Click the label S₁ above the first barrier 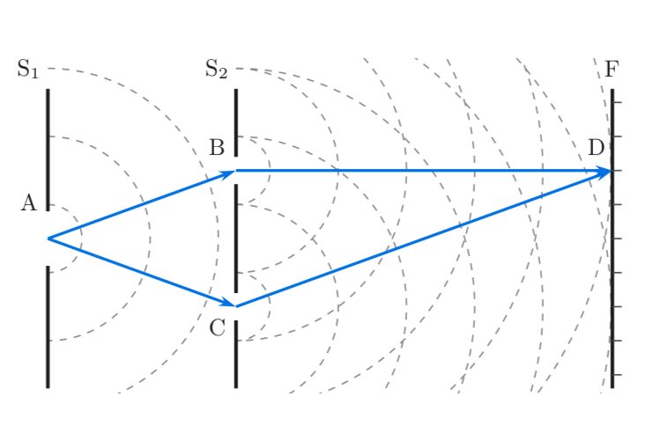click(28, 69)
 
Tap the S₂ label click(217, 69)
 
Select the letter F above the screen click(612, 69)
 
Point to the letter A click(29, 203)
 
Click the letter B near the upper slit click(217, 148)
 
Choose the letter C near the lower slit click(217, 328)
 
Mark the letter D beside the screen click(596, 148)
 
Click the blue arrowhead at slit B click(227, 173)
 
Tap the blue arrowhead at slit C click(227, 302)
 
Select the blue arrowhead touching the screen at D click(604, 172)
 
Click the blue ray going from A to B click(142, 205)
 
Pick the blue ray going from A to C click(142, 273)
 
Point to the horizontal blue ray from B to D click(424, 171)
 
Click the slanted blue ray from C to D click(424, 239)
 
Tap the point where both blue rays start click(48, 239)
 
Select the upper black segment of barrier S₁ click(48, 150)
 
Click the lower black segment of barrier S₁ click(48, 327)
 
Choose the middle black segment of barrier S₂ click(236, 239)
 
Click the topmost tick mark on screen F click(618, 102)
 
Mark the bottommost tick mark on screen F click(618, 374)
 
